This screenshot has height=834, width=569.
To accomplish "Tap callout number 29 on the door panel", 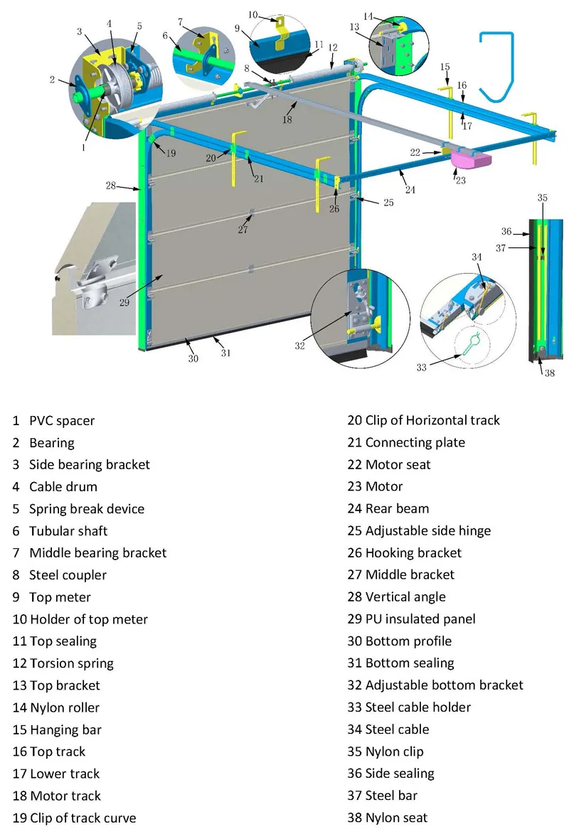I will (124, 301).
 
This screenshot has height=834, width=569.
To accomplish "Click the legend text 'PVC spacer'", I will (61, 421).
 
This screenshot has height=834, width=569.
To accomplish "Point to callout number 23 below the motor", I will (460, 181).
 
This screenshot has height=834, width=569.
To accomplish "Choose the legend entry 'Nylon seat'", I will (396, 818).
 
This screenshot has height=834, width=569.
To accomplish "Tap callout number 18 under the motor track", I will (287, 120).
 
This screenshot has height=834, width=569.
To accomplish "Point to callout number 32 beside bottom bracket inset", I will (299, 346).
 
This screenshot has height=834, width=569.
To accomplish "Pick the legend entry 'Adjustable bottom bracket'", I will (444, 685).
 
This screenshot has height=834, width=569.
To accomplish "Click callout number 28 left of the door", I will (111, 186).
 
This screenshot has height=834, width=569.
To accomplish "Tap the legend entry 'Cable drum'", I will (63, 487).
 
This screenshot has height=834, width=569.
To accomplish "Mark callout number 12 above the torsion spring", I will (332, 47).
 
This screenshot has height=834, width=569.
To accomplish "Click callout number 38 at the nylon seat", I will (550, 372).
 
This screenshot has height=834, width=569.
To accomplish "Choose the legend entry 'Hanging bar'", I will (65, 729).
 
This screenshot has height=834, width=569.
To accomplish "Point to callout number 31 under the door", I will (225, 353).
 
